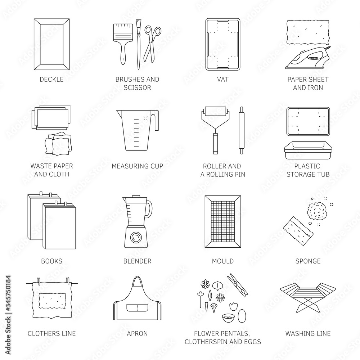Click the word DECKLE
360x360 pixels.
tap(51, 80)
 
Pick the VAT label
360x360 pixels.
tap(222, 80)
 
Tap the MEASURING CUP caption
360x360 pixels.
tap(137, 166)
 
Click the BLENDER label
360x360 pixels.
tap(137, 261)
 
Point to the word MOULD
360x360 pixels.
tap(222, 261)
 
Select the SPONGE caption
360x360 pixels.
tap(308, 261)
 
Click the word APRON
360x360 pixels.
tap(137, 333)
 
